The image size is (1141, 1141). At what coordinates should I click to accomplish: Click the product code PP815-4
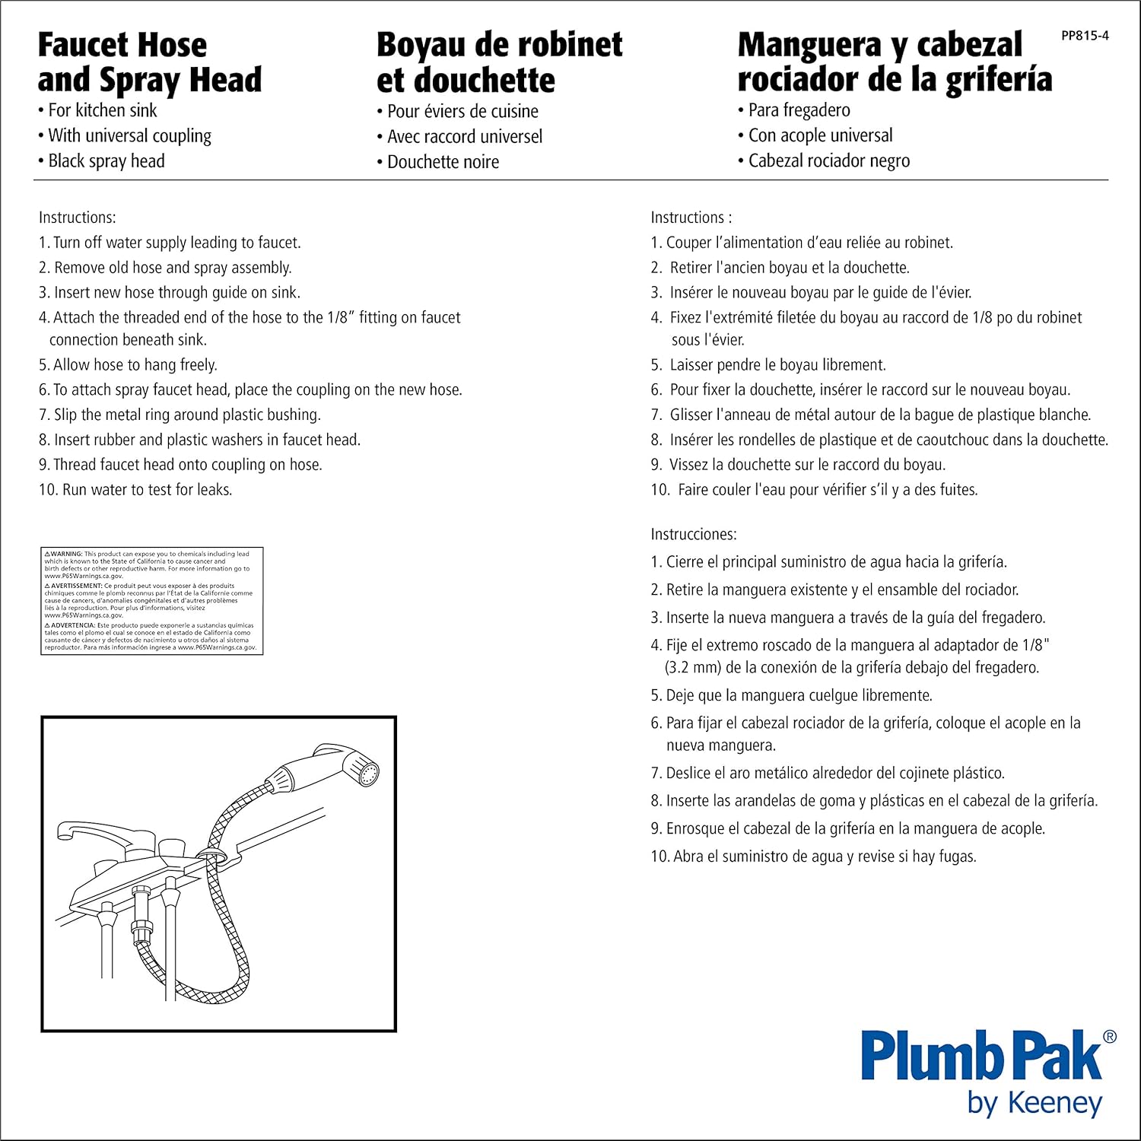[1085, 36]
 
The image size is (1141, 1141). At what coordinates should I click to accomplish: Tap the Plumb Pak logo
[981, 1055]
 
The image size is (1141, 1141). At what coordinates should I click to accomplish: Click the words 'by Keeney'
[1035, 1103]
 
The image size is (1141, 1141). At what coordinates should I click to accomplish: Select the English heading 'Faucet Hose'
[122, 45]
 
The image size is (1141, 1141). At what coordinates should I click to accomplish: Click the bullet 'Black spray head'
[106, 161]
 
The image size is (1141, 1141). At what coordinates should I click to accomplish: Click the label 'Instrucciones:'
[693, 534]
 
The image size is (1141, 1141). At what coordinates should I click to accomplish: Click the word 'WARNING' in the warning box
[65, 554]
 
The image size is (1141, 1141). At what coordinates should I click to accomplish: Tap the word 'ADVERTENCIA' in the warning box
[73, 625]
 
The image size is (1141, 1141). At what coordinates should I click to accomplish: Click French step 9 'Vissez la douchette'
[806, 465]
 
